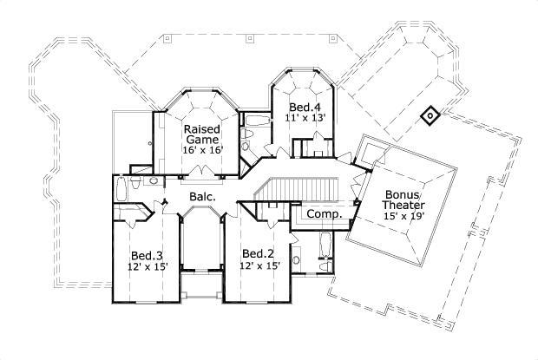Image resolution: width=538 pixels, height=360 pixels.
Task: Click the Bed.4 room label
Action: point(304,107)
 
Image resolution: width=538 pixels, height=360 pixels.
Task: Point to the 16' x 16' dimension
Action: point(202,150)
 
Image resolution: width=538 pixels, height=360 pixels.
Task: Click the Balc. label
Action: point(202,198)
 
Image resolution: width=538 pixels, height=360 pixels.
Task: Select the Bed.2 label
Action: point(259,253)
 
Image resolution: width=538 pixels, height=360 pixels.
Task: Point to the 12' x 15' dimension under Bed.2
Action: point(259,265)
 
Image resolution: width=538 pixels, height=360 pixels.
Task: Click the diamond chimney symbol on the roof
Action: point(429,115)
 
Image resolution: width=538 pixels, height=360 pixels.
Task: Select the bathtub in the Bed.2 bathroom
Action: point(325,246)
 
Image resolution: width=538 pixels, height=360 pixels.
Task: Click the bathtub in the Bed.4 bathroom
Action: point(257,121)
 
